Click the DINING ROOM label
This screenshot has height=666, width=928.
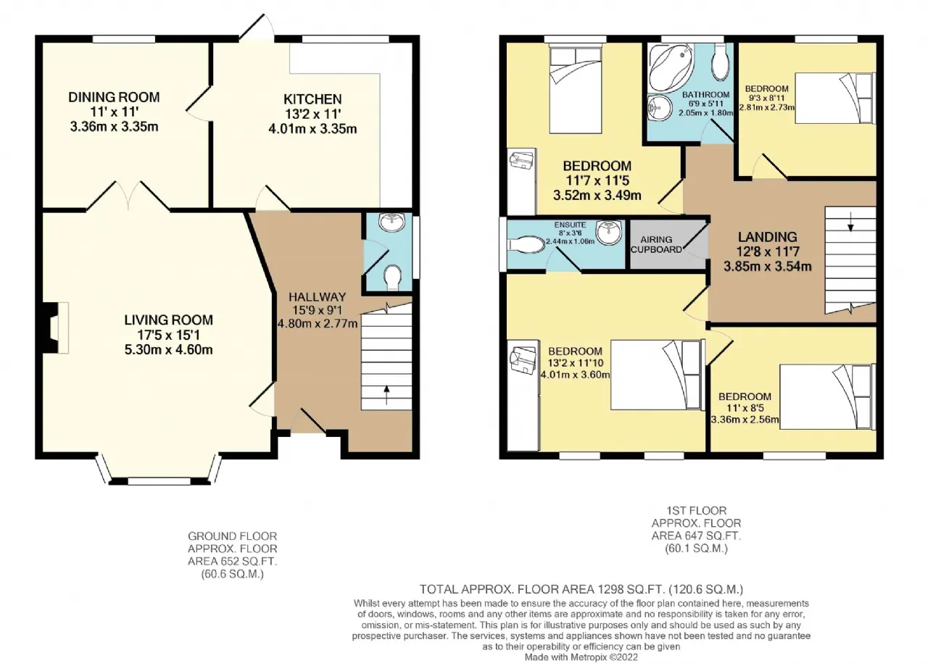(x=114, y=97)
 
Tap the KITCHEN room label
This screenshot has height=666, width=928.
(x=312, y=99)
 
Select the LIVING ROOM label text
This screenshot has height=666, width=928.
(x=169, y=320)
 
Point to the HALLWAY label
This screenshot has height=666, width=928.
(x=318, y=297)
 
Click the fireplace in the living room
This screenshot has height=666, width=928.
(x=55, y=328)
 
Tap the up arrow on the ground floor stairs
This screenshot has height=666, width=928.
(x=386, y=394)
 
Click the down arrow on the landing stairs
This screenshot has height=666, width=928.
(x=850, y=221)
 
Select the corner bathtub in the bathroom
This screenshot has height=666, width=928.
(x=670, y=67)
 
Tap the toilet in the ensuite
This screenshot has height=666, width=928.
(x=526, y=244)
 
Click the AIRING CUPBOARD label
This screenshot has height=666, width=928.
(x=656, y=244)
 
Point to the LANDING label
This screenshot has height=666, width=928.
(x=768, y=237)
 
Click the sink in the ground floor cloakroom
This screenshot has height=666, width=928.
(x=392, y=222)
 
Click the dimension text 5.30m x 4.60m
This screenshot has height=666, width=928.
(x=169, y=349)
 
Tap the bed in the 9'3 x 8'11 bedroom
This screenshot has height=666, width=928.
(x=835, y=98)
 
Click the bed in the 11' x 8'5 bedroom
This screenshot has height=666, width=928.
(x=828, y=397)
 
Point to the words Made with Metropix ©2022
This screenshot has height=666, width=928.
(x=581, y=657)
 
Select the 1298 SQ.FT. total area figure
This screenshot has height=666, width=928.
(x=631, y=589)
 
